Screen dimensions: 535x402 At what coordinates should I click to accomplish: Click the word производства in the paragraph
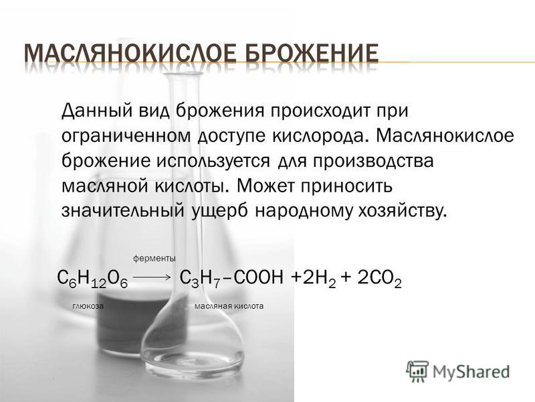coord(374,161)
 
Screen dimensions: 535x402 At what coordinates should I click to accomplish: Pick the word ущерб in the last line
coord(220,211)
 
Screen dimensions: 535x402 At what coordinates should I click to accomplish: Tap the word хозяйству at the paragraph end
coord(402,211)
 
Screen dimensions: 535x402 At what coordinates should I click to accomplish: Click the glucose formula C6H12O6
coord(92,279)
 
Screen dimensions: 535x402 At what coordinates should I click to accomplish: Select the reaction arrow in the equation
coord(151,277)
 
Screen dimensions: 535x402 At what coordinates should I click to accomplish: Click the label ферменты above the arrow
coord(154,259)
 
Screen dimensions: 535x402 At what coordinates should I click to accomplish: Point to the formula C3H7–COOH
coord(231,278)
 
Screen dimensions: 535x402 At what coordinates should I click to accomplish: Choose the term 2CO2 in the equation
coord(379,279)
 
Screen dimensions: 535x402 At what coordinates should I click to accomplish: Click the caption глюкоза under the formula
coord(88,306)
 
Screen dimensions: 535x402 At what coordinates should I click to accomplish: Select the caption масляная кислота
coord(229,306)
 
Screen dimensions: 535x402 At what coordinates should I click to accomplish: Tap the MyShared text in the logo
coord(471,372)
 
